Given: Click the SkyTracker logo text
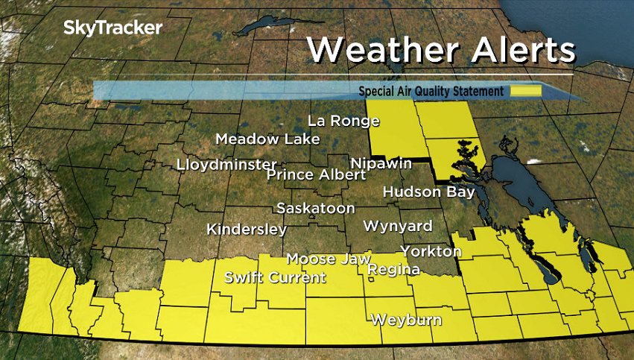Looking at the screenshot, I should [x=112, y=28].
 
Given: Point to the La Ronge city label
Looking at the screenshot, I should [x=343, y=121].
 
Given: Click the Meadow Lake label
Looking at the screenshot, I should [x=267, y=139].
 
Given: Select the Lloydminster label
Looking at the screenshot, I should [x=226, y=164].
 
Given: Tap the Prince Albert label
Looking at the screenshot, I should [x=316, y=174].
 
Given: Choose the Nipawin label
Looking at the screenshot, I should [x=381, y=162].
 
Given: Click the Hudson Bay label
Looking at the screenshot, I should [x=428, y=192].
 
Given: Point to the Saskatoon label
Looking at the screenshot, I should [x=315, y=208].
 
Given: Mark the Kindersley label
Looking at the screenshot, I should [x=247, y=229].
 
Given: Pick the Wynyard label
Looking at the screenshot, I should [x=397, y=225].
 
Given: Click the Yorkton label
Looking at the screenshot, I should [x=431, y=250].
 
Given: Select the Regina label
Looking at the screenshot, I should [x=394, y=269].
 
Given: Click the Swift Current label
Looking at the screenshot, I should [x=275, y=278].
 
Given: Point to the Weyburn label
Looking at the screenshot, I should [x=406, y=320].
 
